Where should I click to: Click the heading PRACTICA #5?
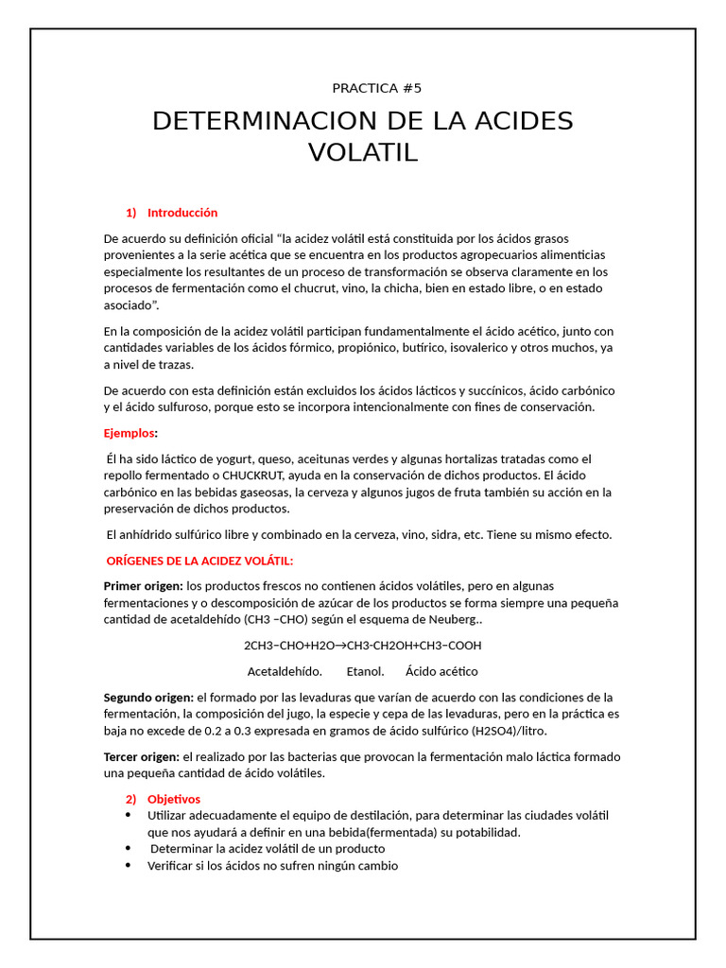click(376, 89)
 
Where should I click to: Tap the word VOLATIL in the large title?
click(363, 152)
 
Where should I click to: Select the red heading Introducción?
click(182, 213)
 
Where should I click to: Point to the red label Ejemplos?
click(130, 433)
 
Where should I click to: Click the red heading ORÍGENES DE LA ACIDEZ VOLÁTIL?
click(199, 562)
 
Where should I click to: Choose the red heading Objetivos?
click(174, 799)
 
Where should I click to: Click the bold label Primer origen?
click(143, 586)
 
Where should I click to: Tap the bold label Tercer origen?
click(141, 757)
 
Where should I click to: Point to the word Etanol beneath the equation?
click(365, 671)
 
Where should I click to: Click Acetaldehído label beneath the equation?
click(285, 671)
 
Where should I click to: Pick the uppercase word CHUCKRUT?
click(255, 475)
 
